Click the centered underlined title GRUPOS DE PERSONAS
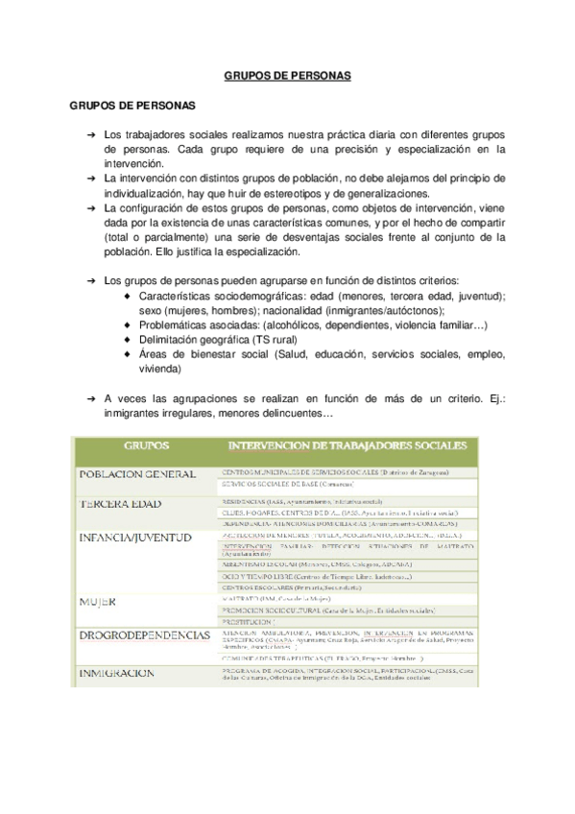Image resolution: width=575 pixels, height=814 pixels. tap(287, 73)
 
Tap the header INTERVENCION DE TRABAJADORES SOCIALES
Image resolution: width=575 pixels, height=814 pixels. tap(347, 445)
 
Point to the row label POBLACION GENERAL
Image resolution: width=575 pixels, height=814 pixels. tap(139, 474)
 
